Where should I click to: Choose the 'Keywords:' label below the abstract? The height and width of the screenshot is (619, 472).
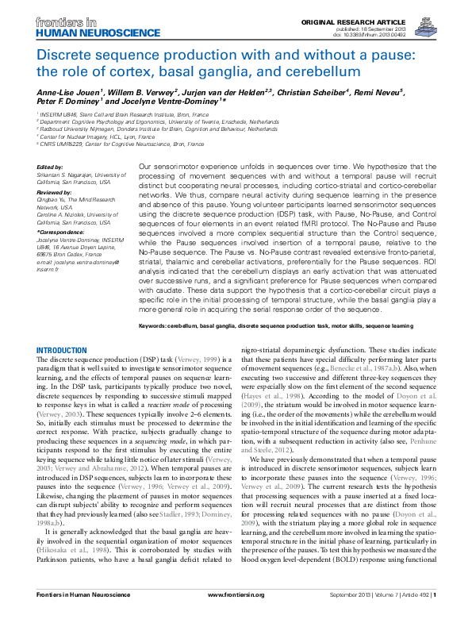pyautogui.click(x=155, y=326)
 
